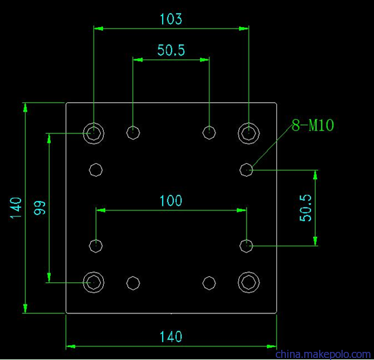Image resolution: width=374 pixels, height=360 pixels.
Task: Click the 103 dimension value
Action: (171, 19)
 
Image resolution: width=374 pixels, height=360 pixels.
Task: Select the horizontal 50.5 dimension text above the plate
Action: (171, 50)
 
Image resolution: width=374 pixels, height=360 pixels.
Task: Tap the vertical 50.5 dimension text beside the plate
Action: (306, 208)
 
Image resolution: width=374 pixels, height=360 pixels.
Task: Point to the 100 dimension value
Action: (171, 200)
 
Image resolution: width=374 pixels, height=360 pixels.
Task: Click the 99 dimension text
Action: (39, 208)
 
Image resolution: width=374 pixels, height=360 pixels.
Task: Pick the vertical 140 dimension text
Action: (16, 208)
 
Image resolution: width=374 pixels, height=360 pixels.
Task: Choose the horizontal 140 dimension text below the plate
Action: (171, 336)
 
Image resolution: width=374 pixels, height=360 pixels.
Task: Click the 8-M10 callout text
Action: (313, 125)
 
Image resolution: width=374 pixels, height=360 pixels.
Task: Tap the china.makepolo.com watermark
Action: (323, 355)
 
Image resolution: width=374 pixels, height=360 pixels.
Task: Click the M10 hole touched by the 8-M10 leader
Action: (246, 164)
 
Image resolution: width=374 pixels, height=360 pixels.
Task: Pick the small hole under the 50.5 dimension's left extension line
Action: (133, 126)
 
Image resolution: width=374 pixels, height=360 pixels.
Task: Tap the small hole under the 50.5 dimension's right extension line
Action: (209, 126)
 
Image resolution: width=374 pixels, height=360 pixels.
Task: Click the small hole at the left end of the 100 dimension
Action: (96, 240)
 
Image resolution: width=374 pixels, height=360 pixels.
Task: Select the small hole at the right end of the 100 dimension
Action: (246, 240)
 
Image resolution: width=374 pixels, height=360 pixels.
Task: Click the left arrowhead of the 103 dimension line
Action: (98, 28)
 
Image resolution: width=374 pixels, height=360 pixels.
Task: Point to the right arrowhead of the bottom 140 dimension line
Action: (272, 346)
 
